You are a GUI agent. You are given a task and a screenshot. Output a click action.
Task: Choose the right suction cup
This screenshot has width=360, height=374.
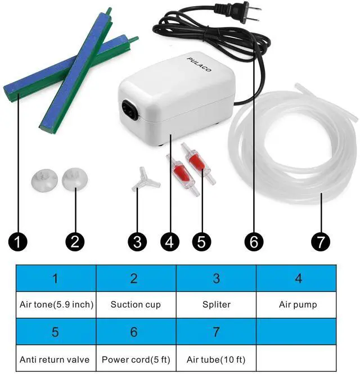coord(71,180)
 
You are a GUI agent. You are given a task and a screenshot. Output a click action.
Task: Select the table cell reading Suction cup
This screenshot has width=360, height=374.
coord(136,305)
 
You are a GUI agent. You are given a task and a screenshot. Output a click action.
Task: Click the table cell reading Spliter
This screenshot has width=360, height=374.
coord(216,305)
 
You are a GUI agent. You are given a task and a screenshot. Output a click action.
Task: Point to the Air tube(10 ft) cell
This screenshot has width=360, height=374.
coord(216,359)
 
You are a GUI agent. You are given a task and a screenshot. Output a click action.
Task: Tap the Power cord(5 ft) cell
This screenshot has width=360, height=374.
coord(136,359)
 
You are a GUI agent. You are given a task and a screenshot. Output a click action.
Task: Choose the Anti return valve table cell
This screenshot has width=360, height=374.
coord(56,359)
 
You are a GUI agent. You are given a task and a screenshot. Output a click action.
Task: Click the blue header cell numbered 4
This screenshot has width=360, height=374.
coord(298,278)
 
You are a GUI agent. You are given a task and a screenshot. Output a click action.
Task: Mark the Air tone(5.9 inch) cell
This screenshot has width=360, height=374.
coord(56,305)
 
